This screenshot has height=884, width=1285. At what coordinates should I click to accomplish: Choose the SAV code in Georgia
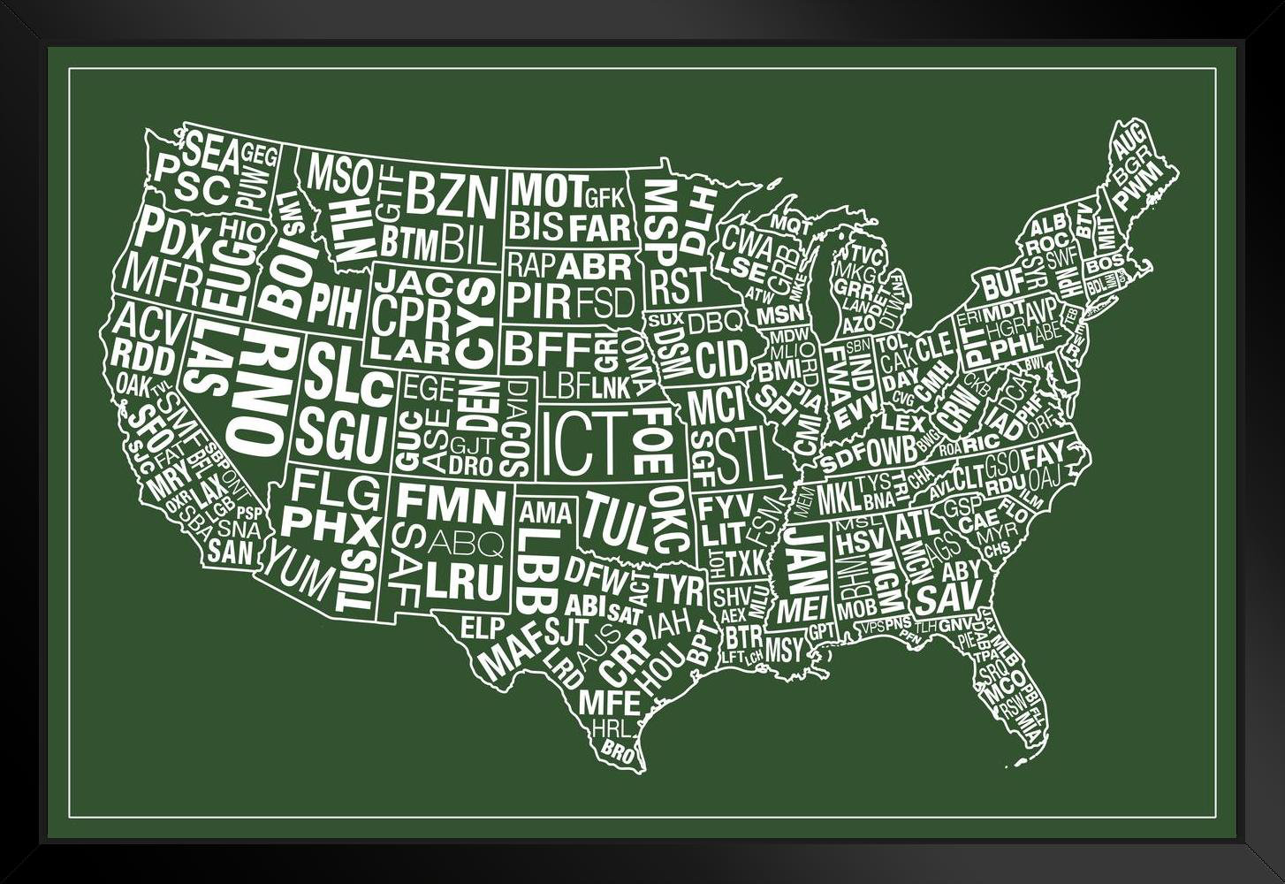tap(947, 598)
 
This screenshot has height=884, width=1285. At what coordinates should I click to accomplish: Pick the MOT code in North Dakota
tap(548, 190)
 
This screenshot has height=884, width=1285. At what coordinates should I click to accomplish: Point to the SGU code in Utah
tap(342, 435)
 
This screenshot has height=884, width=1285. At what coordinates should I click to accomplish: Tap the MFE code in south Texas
tap(609, 703)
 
